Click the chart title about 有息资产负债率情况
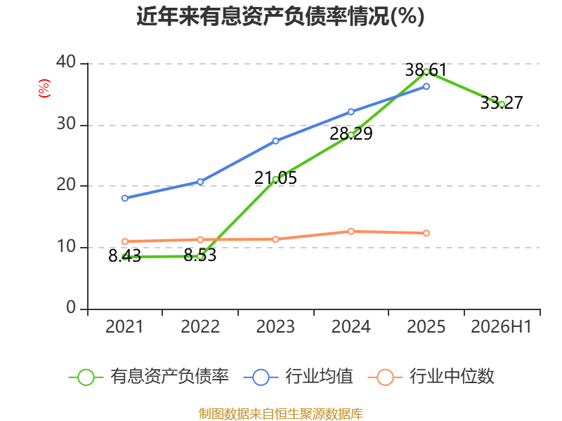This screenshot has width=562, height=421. coord(280,16)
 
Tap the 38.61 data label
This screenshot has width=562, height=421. coord(426,69)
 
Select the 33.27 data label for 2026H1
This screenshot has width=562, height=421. coord(502,102)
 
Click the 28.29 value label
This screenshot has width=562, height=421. coord(351,134)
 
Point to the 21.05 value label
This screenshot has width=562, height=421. coord(275,178)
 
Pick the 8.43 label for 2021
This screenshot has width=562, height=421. coord(125,256)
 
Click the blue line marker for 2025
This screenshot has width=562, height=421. coord(426,86)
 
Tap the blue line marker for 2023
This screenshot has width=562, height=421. coord(275,141)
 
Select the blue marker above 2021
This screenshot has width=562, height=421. coord(125,198)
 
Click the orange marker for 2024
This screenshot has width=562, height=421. coord(351,232)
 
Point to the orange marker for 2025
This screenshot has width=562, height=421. coord(426,233)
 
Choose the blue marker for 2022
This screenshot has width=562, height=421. coord(200,182)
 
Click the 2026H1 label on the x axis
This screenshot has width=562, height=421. coord(501,326)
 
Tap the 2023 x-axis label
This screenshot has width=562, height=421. coord(275,326)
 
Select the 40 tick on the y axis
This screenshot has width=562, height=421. coord(66,62)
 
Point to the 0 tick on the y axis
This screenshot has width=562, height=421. coord(71,308)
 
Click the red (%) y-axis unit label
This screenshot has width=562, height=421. coord(44,88)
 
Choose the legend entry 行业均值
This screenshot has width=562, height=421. coord(298,377)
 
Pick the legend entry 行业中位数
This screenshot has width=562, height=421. coord(431,377)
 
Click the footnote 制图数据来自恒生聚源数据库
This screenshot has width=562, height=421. coord(281,413)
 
